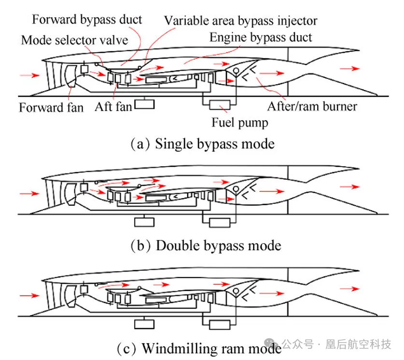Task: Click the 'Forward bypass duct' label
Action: [87, 20]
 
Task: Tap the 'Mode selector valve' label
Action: [74, 39]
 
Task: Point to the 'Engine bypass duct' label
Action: [261, 37]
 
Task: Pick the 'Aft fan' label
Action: [113, 106]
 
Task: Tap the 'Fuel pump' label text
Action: [239, 122]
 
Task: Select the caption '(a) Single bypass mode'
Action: [203, 144]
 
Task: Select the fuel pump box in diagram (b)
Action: [220, 222]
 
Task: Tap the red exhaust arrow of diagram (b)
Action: [349, 187]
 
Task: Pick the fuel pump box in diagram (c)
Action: [220, 323]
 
